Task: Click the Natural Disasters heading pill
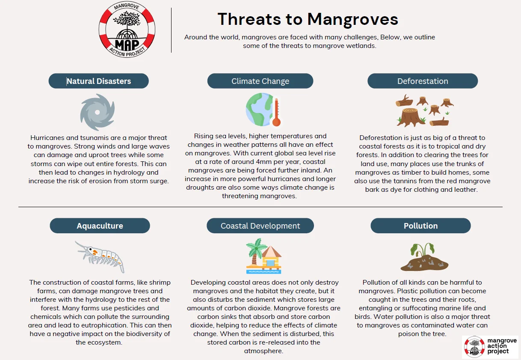tap(99, 81)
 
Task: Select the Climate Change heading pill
tap(260, 81)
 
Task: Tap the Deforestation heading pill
tap(423, 81)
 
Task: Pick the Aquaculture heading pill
tap(100, 226)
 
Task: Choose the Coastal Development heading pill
tap(260, 226)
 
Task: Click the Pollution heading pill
tap(420, 226)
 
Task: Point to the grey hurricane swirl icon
tap(98, 112)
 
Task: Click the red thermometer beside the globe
tap(276, 112)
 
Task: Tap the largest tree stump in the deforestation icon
tap(411, 118)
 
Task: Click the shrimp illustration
tap(101, 256)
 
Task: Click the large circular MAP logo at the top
tap(127, 30)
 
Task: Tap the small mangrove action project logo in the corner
tap(490, 347)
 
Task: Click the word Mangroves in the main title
tap(352, 19)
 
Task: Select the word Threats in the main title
tap(249, 19)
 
